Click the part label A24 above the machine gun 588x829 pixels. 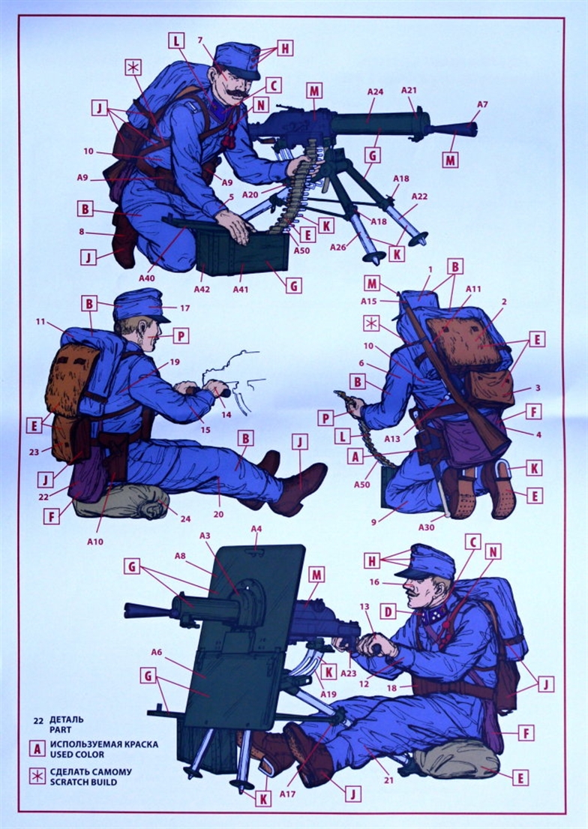tap(375, 92)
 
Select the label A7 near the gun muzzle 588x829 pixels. tap(481, 105)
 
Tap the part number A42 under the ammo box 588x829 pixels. tap(202, 289)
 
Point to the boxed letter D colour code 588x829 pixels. tap(388, 612)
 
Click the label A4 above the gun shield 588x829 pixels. tap(256, 528)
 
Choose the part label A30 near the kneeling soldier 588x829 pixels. tap(426, 527)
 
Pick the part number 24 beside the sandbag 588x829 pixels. tap(185, 518)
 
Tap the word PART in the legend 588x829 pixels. tap(60, 730)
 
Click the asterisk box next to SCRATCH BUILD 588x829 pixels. tap(37, 776)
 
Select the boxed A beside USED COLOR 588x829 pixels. tap(37, 749)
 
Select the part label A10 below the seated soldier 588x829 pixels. tap(94, 542)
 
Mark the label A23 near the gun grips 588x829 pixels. tap(349, 673)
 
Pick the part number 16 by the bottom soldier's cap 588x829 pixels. tap(374, 582)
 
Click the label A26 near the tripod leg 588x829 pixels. tap(338, 247)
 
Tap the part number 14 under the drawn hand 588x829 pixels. tap(226, 414)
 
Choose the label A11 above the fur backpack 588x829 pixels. tap(473, 289)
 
